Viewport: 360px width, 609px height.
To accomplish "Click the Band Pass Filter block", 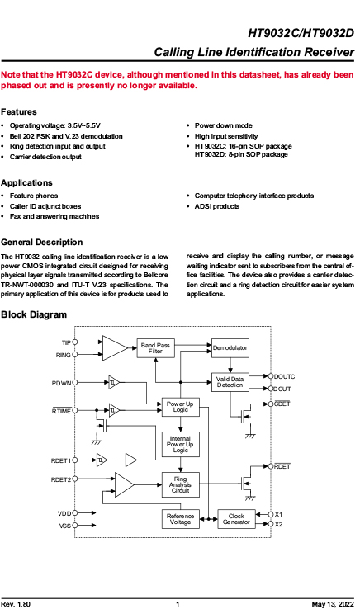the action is (155, 348).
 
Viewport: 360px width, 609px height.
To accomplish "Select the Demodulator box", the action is (230, 348).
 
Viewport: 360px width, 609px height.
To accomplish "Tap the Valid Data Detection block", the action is (230, 382).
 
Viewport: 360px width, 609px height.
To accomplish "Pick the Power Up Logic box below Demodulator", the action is (180, 407).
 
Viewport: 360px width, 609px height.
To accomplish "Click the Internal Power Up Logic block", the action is (180, 444).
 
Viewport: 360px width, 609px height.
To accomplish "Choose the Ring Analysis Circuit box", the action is (180, 484).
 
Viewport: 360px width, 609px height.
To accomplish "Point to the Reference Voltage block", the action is (180, 519).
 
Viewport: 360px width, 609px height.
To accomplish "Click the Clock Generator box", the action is (236, 519).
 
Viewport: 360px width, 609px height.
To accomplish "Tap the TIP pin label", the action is (67, 342).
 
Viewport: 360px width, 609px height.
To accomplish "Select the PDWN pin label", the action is (61, 383).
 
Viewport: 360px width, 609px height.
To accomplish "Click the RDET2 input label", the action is (61, 479).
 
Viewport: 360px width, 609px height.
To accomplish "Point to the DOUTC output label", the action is (285, 376).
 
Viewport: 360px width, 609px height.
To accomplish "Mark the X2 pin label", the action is (278, 524).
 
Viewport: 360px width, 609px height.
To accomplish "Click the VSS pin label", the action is (65, 526).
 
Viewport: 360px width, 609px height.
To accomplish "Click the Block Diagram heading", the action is (34, 314).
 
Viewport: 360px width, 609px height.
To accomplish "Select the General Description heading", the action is (41, 243).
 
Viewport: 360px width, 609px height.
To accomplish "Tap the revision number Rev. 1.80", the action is (16, 604).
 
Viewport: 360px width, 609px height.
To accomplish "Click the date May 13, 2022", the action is (333, 604).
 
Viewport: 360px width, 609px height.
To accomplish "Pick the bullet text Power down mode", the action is (224, 125).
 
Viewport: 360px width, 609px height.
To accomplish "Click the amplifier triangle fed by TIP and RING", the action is (115, 348).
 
